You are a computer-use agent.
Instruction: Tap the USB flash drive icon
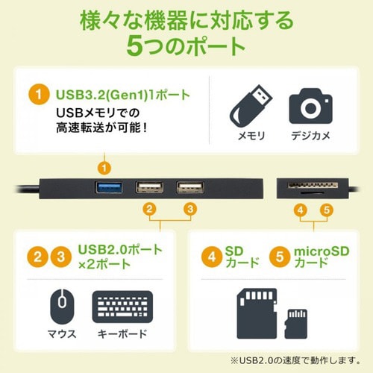point(253,104)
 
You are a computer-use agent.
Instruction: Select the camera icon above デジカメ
point(310,105)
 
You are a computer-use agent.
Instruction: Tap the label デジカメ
point(310,139)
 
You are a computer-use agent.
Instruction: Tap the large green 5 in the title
point(137,46)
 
